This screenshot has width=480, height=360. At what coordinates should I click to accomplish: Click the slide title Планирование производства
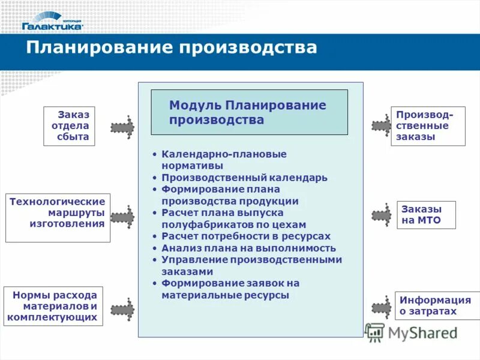[171, 48]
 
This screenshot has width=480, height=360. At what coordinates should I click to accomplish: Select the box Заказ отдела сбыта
[69, 126]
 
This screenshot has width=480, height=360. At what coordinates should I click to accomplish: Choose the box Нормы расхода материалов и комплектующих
[53, 306]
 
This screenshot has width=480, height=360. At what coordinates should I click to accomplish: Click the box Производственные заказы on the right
[427, 126]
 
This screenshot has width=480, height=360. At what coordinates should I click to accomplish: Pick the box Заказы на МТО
[426, 215]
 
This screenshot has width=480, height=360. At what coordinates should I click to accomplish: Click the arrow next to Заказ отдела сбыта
[123, 127]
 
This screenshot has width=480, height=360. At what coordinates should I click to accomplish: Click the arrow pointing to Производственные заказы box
[382, 126]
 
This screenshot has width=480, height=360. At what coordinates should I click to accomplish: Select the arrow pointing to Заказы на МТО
[382, 215]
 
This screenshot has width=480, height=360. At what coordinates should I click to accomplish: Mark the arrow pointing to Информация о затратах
[382, 307]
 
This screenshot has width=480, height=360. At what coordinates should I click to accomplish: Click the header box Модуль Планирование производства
[249, 112]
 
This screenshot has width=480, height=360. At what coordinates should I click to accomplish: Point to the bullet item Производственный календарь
[244, 178]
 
